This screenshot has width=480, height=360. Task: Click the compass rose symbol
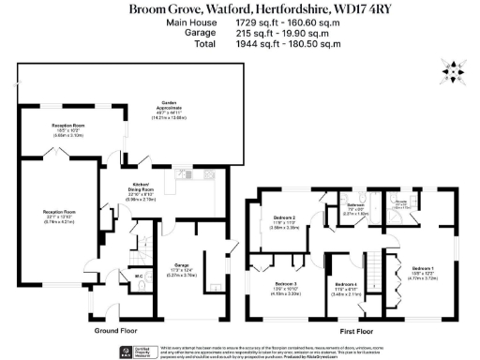(x=454, y=70)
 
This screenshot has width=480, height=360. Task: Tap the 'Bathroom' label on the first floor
(x=354, y=204)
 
